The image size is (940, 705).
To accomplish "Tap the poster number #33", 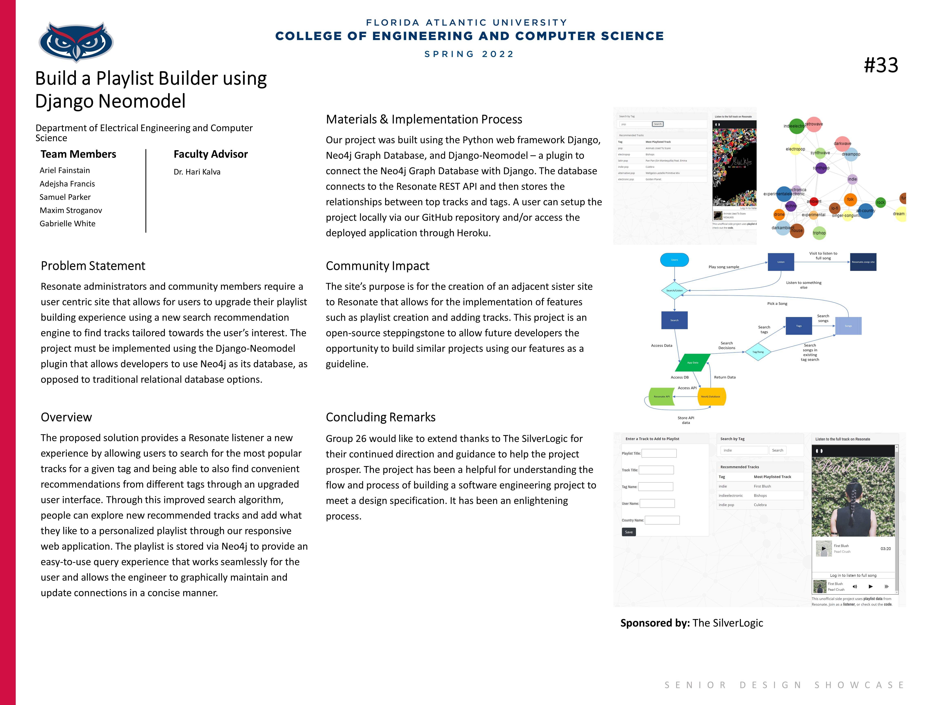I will tap(881, 65).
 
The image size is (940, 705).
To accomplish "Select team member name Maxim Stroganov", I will tap(71, 210).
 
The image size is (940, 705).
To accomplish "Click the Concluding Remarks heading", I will tap(380, 417).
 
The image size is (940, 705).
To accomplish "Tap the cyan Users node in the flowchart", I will tap(674, 260).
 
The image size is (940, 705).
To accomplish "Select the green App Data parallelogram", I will tap(693, 362).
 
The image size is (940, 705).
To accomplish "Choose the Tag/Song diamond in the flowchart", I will tap(758, 352).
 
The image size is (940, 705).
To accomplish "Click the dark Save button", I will tap(629, 532).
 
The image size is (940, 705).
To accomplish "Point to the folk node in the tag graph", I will tap(850, 199).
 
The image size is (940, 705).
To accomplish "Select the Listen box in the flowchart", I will tap(781, 262).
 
